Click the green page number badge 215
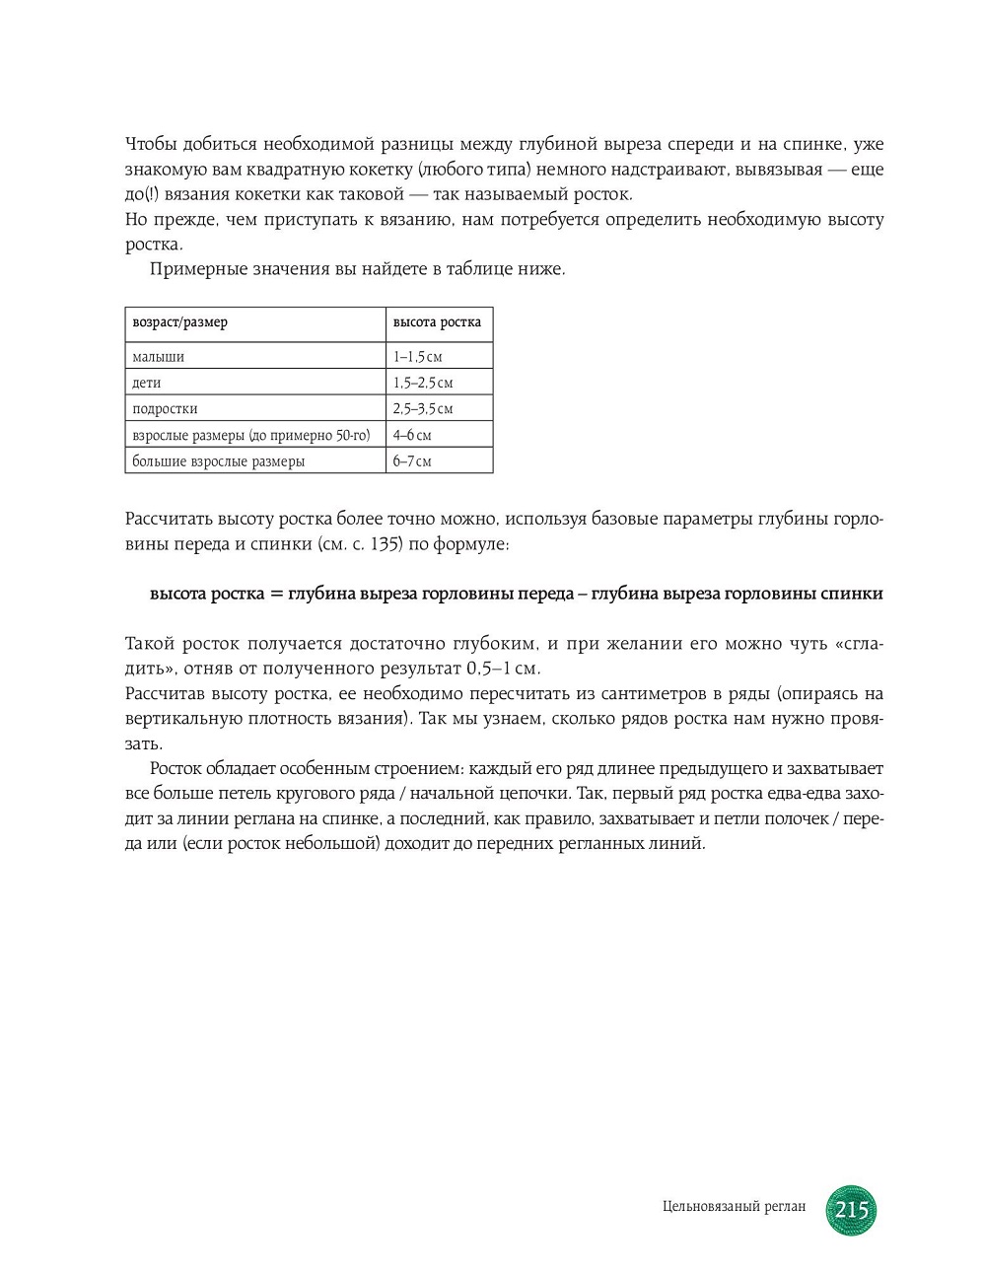tap(851, 1209)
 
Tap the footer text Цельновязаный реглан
tap(735, 1207)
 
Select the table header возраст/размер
tap(179, 322)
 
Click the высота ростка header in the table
tap(437, 322)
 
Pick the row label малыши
tap(159, 357)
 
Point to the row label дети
tap(147, 383)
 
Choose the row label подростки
tap(165, 408)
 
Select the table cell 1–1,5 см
tap(418, 357)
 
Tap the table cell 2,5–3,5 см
tap(423, 408)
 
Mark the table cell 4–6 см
tap(412, 435)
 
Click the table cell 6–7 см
tap(412, 460)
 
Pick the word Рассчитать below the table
tap(168, 520)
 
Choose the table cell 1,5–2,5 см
tap(423, 383)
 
